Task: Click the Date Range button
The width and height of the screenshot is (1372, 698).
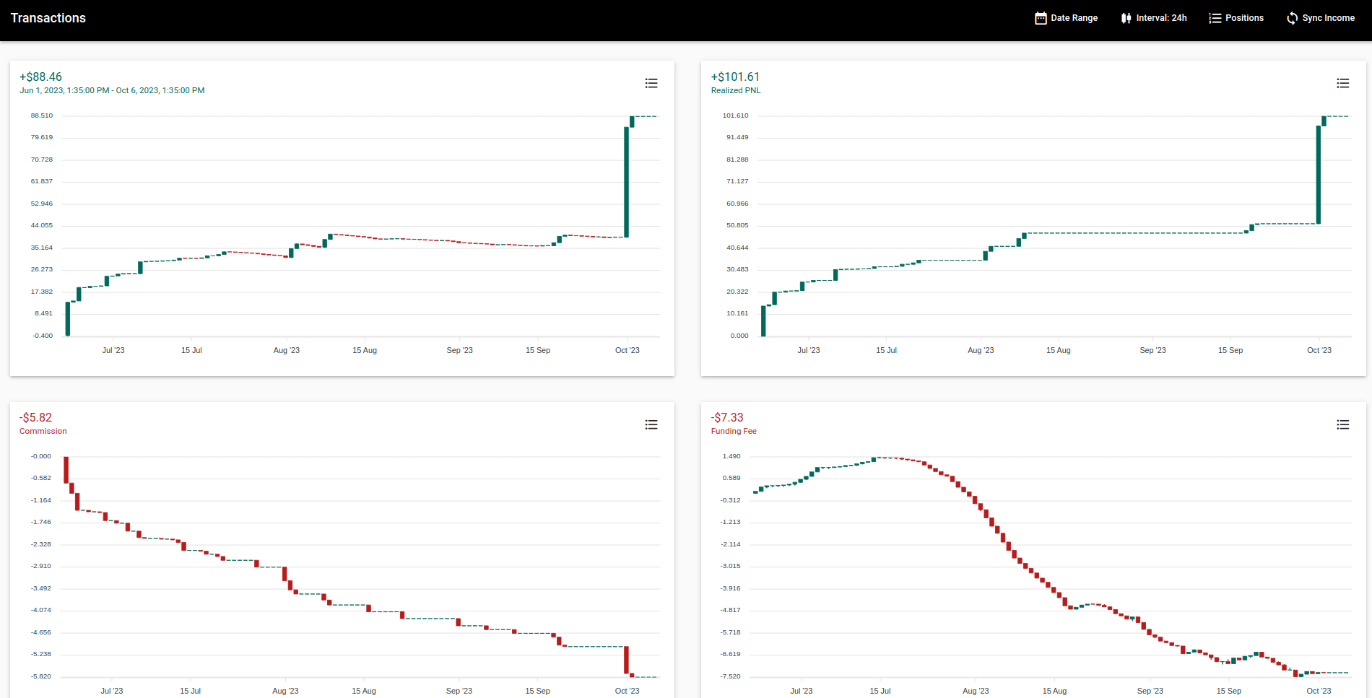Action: click(1066, 18)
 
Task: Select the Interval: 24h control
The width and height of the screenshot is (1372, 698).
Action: click(1153, 18)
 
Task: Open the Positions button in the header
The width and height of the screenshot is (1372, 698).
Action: click(1236, 18)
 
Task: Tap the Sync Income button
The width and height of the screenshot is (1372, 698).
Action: click(1320, 18)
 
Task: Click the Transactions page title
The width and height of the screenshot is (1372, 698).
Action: click(48, 18)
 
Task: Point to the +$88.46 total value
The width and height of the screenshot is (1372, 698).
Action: click(40, 77)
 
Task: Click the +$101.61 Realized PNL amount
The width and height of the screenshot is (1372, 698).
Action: click(735, 77)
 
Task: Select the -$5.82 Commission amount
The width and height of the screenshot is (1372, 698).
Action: click(35, 417)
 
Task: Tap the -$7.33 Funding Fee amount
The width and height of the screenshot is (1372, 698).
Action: click(727, 417)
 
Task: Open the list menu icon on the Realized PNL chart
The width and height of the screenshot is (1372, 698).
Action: click(1342, 84)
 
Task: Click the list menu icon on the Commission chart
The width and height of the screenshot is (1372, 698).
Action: click(651, 424)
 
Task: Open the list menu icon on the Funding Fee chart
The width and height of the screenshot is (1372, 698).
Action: click(1342, 424)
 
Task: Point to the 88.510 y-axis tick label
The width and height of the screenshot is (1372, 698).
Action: click(42, 115)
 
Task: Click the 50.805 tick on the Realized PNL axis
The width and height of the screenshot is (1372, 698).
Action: click(737, 225)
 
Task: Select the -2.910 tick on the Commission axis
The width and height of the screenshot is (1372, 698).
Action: click(41, 566)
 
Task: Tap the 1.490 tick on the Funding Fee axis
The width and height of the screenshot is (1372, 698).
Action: click(731, 456)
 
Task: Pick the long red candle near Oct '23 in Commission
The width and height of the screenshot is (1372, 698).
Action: click(627, 660)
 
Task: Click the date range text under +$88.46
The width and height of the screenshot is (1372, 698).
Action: click(112, 90)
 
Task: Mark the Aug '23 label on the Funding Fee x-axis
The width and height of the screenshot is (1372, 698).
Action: click(976, 691)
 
